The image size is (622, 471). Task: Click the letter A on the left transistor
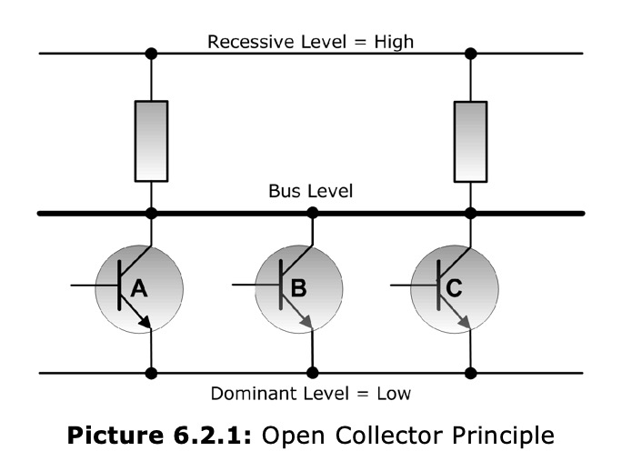(x=139, y=288)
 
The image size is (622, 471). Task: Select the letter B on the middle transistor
(x=298, y=288)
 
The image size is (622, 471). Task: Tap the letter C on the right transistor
(x=455, y=288)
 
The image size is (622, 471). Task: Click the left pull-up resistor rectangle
(x=151, y=141)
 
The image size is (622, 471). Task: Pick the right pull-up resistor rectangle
(x=470, y=141)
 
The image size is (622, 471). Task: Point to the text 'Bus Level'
(x=310, y=192)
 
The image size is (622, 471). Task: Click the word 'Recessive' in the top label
(x=243, y=41)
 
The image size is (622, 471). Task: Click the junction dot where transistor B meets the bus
(x=312, y=214)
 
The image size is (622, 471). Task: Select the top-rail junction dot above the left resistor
(x=151, y=54)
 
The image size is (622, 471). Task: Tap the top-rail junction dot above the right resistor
(x=470, y=54)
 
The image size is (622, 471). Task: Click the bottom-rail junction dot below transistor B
(x=312, y=373)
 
